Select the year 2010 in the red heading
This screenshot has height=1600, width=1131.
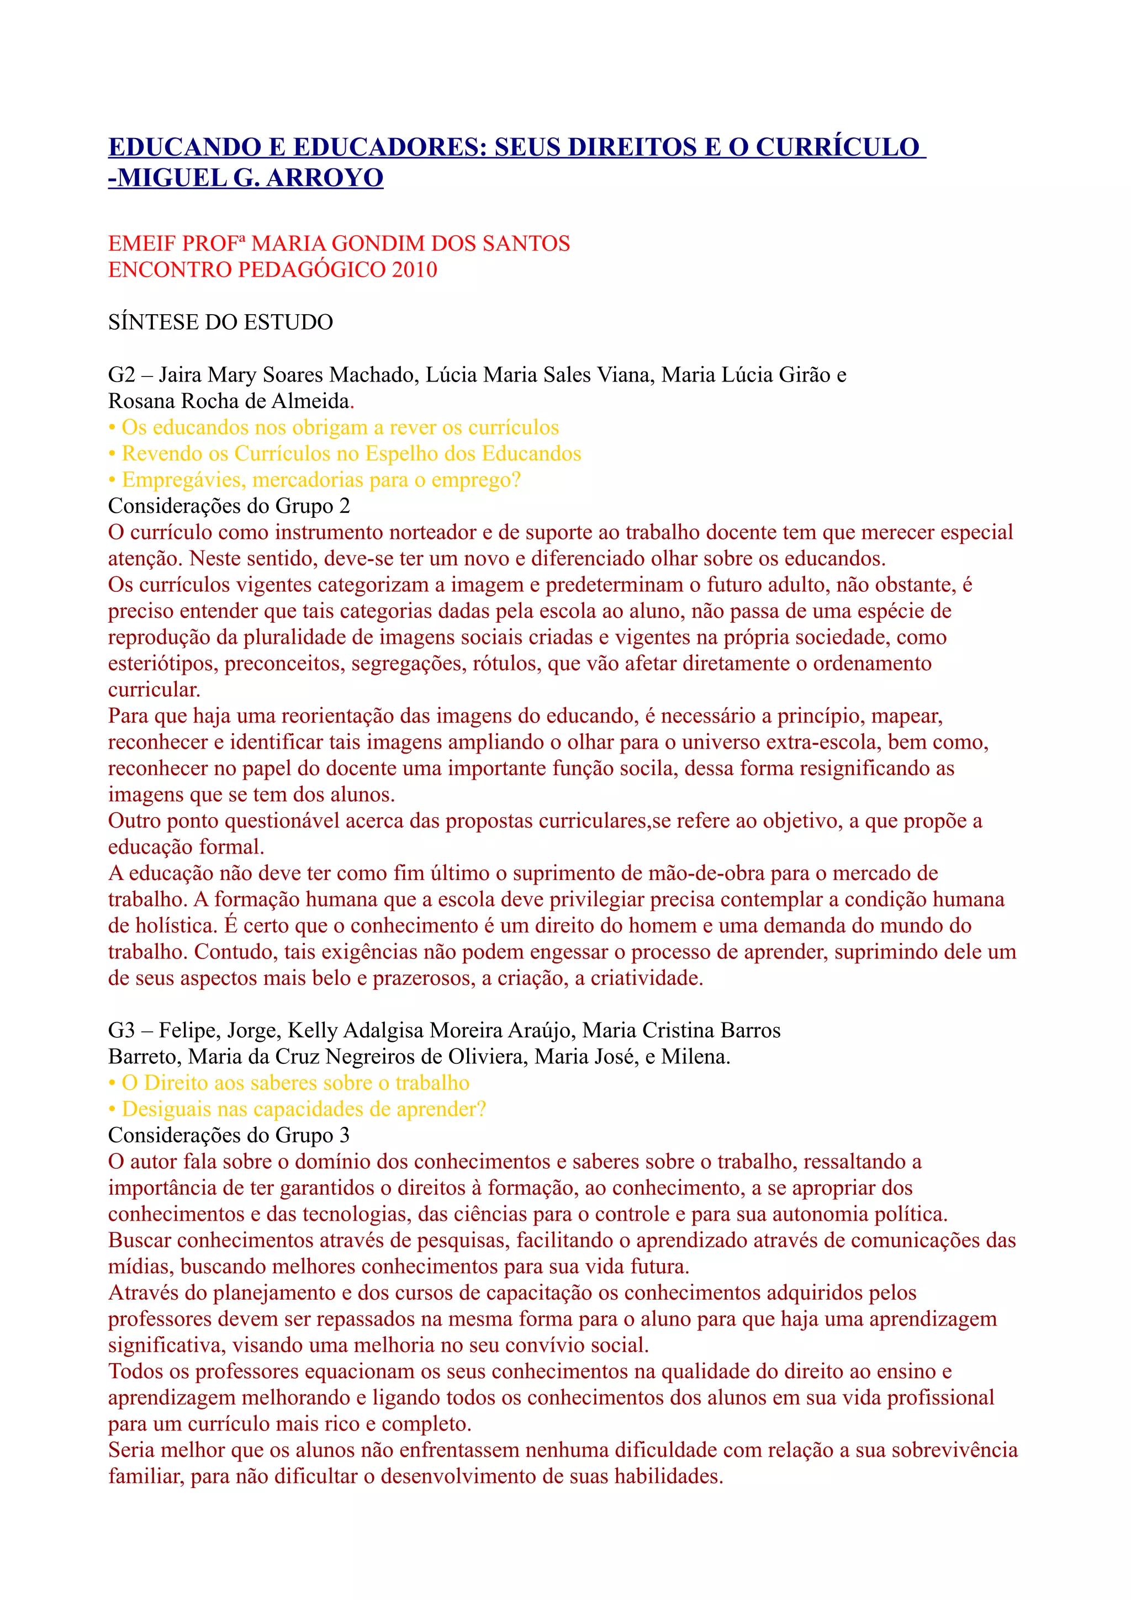[x=414, y=269]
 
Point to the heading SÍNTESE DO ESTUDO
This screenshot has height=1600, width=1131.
[x=220, y=322]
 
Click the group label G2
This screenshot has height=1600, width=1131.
[x=121, y=375]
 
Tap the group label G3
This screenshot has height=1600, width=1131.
[x=121, y=1030]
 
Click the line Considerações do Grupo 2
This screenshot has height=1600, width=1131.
[x=229, y=506]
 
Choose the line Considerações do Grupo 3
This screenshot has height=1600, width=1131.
[x=229, y=1135]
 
